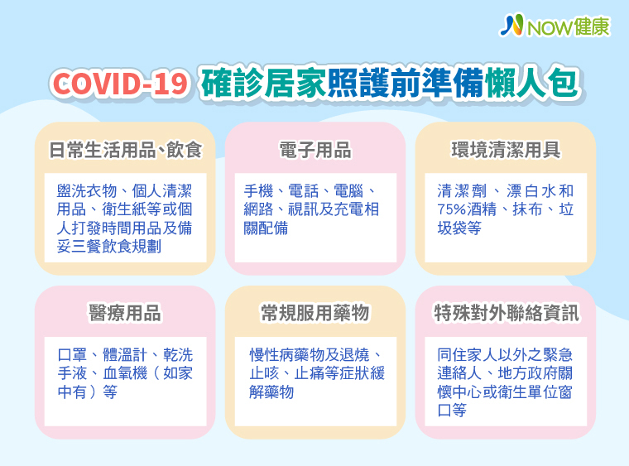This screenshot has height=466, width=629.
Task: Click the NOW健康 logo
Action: click(555, 26)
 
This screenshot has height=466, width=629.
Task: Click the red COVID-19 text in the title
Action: click(120, 84)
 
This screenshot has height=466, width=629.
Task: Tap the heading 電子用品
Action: click(315, 150)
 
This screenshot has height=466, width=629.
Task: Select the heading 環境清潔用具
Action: click(506, 150)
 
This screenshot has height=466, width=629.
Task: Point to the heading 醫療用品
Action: click(125, 313)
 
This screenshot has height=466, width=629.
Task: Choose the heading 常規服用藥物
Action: click(315, 313)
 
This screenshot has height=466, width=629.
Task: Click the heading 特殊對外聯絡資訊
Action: click(507, 313)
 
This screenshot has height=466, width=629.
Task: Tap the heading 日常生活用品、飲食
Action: click(125, 150)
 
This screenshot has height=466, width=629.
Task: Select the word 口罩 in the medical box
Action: click(72, 355)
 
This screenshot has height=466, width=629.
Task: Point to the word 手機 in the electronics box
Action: click(259, 191)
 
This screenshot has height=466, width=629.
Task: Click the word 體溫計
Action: click(125, 355)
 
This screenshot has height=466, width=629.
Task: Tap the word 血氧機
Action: click(125, 373)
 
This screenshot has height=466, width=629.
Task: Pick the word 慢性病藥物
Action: click(287, 355)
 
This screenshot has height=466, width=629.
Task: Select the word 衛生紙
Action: click(124, 209)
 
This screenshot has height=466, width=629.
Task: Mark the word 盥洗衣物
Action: click(87, 191)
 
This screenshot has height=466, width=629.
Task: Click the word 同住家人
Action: click(468, 355)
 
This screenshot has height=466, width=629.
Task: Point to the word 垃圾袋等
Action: click(459, 228)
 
